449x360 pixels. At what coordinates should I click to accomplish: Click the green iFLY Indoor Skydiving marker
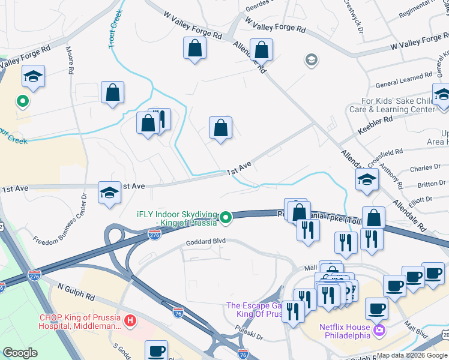click(226, 217)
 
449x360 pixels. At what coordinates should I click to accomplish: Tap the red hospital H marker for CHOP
click(129, 322)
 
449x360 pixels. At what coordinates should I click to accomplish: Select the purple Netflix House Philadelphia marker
click(379, 330)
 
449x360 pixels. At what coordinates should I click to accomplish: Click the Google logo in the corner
click(20, 353)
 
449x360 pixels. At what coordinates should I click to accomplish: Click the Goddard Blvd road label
click(206, 241)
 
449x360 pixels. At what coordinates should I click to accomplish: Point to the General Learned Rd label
click(404, 77)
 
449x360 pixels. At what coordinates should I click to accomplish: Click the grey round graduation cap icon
click(311, 59)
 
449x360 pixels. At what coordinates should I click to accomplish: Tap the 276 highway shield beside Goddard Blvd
click(154, 237)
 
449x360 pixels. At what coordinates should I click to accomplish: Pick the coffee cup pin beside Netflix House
click(376, 309)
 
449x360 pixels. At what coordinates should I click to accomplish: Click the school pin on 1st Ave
click(109, 193)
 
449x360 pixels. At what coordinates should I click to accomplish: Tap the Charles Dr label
click(421, 169)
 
